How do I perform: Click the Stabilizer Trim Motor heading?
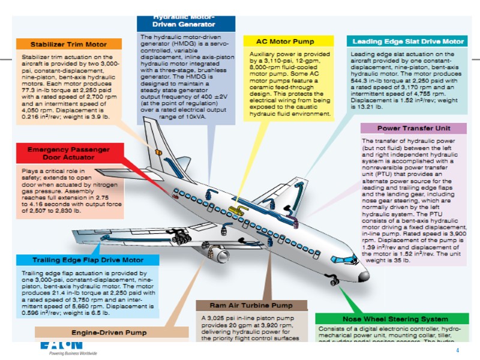68,44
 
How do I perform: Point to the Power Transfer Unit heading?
413,128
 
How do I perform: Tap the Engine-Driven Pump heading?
109,332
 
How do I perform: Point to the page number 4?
457,350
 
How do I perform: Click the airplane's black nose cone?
362,277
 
